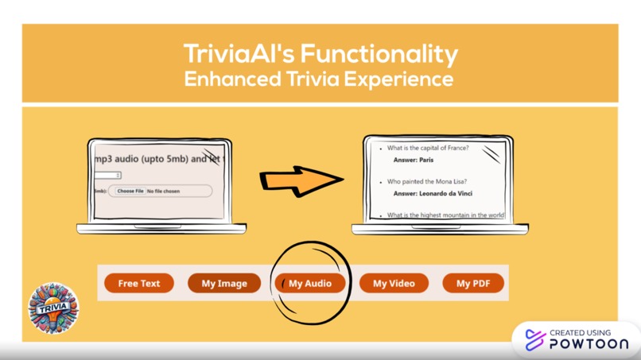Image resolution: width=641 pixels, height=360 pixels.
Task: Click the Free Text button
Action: tap(139, 283)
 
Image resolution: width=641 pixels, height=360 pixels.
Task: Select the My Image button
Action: tap(224, 283)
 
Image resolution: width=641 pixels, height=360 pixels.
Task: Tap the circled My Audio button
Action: tap(310, 283)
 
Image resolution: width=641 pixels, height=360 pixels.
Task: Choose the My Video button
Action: tap(394, 283)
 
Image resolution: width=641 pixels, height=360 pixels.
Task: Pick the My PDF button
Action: tap(473, 283)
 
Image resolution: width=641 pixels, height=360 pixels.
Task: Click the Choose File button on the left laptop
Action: tap(130, 192)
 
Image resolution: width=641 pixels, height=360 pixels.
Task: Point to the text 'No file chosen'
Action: tap(164, 192)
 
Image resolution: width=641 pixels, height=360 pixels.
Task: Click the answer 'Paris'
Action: tap(426, 160)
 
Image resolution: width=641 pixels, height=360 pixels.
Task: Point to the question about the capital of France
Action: tap(428, 149)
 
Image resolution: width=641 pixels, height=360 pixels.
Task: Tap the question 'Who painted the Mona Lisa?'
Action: tap(427, 182)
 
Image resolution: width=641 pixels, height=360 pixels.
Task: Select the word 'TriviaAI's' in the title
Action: tap(239, 54)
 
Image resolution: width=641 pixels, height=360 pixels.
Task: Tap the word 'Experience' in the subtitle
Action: tap(405, 79)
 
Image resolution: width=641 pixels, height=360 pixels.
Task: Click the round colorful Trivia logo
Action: tap(53, 308)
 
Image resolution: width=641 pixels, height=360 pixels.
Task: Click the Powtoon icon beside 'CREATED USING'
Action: tap(535, 339)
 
